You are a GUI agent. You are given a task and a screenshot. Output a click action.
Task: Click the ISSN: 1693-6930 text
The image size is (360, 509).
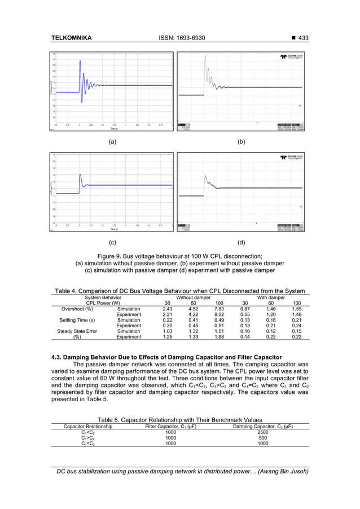180,38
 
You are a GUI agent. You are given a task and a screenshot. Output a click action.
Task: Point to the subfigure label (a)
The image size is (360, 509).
112,143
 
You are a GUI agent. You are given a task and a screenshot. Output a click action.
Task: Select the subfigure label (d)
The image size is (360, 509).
242,243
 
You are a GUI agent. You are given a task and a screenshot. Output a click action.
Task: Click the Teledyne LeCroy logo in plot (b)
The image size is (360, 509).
293,58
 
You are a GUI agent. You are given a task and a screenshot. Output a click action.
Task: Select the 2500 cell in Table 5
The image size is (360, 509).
262,432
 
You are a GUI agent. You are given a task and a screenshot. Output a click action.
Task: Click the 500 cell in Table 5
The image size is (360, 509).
262,437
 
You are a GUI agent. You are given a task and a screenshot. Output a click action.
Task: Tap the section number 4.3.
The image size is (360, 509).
56,357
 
